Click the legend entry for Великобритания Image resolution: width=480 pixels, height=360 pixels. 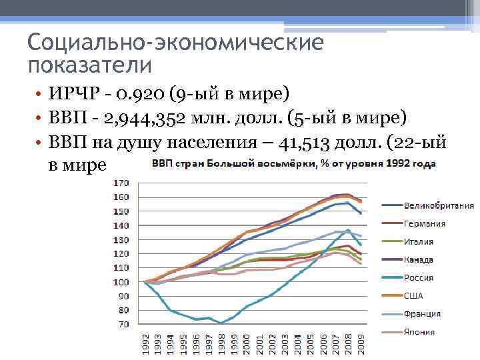(436, 205)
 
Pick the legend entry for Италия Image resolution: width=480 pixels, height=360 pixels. (419, 241)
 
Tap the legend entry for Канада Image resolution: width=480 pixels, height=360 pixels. (419, 259)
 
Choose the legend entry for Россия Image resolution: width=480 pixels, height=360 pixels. (419, 277)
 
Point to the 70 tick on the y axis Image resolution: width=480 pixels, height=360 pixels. (123, 324)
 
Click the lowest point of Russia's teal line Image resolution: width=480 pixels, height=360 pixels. (221, 323)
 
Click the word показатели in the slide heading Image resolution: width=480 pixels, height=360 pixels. (90, 65)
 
